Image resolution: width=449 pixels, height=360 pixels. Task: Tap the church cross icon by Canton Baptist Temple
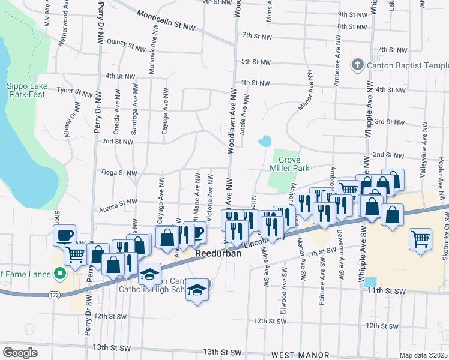click(x=358, y=64)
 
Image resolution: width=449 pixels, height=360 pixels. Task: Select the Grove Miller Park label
click(x=294, y=164)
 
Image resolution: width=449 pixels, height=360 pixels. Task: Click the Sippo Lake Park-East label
click(x=26, y=90)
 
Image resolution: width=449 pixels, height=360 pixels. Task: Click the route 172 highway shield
click(x=53, y=295)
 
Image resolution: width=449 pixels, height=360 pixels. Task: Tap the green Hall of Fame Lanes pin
click(x=59, y=275)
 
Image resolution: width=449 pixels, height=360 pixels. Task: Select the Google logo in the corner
click(x=20, y=353)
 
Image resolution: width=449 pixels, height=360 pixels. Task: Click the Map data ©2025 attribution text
click(x=423, y=355)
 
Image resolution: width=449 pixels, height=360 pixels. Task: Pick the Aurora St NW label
click(x=117, y=206)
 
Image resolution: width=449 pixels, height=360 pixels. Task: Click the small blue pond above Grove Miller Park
click(x=264, y=142)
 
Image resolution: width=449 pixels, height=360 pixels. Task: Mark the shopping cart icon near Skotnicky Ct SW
click(x=420, y=238)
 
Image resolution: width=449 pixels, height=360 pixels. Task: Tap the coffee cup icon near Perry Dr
click(x=65, y=235)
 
